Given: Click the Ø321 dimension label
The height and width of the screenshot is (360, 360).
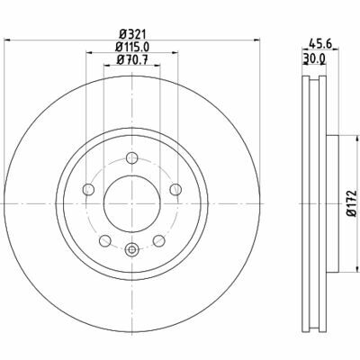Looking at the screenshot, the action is click(x=132, y=33).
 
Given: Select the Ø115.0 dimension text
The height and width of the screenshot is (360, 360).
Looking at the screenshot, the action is click(x=132, y=47).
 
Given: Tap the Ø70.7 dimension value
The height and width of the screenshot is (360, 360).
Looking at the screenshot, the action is click(x=132, y=60).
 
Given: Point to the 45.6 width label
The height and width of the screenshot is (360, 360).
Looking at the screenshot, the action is click(x=320, y=44).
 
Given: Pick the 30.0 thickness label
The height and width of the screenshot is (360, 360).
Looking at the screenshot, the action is click(x=314, y=58).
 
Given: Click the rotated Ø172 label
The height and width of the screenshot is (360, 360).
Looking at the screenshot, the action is click(x=351, y=203).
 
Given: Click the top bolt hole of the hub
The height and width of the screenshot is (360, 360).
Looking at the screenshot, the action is click(x=131, y=157).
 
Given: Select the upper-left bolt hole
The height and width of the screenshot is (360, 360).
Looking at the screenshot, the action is click(x=88, y=189).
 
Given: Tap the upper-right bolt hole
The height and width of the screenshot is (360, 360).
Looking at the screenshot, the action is click(x=175, y=189).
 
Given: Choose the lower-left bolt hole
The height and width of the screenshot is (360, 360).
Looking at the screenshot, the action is click(x=105, y=240).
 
